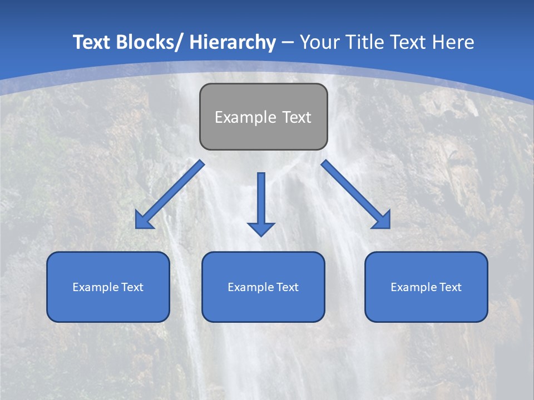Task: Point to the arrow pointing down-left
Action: point(170,194)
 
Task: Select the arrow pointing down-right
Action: point(356,194)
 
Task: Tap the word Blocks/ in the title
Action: point(147,42)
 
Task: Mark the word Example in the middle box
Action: point(249,287)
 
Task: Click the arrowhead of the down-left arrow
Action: point(144,221)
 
